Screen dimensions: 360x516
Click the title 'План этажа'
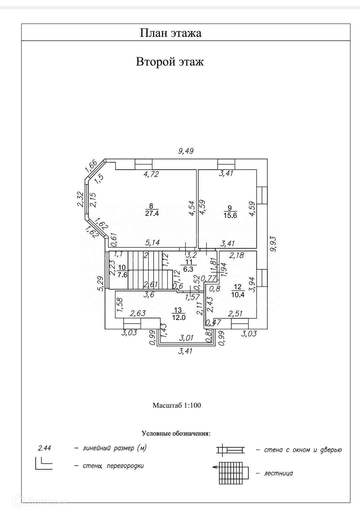(x=171, y=33)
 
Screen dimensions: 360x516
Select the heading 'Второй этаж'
(x=170, y=62)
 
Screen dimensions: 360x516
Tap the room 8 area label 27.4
(x=152, y=213)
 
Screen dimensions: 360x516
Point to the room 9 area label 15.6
(x=230, y=216)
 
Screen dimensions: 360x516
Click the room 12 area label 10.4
(x=238, y=294)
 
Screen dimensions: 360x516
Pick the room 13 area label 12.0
(x=179, y=317)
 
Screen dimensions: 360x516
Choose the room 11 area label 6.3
(x=188, y=269)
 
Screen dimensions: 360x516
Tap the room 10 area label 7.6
(x=122, y=275)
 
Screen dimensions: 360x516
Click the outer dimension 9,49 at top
(x=186, y=151)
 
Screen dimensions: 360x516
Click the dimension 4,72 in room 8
(x=151, y=174)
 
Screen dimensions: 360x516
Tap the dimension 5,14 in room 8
(x=152, y=243)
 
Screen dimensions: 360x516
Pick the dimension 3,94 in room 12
(x=252, y=284)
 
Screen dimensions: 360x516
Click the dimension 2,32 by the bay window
(x=80, y=199)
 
